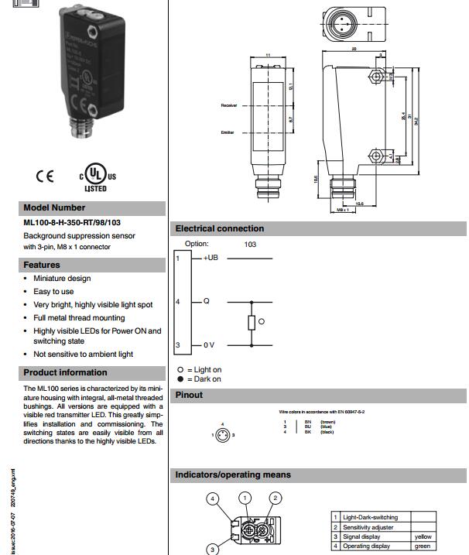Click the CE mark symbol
(x=45, y=176)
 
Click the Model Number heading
(x=54, y=207)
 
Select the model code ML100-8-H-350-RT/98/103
(x=72, y=223)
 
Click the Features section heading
(x=42, y=265)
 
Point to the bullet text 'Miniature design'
(x=62, y=278)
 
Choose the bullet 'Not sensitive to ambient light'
(x=83, y=354)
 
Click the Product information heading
(x=65, y=372)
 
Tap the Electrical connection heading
(x=220, y=228)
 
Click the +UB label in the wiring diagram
(x=211, y=258)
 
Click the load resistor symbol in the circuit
(x=251, y=323)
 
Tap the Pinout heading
(x=190, y=395)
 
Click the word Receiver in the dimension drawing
(x=228, y=104)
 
